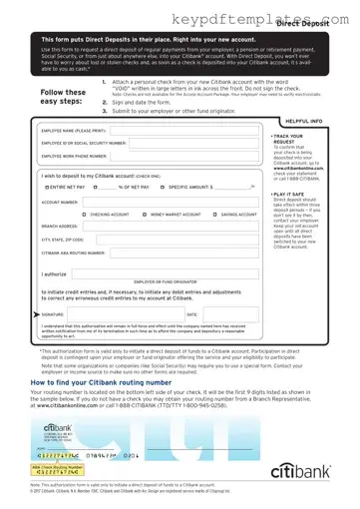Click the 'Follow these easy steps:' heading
pyautogui.click(x=63, y=97)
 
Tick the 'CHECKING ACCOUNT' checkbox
pyautogui.click(x=84, y=215)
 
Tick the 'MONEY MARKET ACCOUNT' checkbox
pyautogui.click(x=146, y=215)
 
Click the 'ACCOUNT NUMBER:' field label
pyautogui.click(x=59, y=201)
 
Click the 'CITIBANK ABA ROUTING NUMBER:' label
pyautogui.click(x=73, y=254)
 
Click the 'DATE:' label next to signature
pyautogui.click(x=192, y=313)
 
